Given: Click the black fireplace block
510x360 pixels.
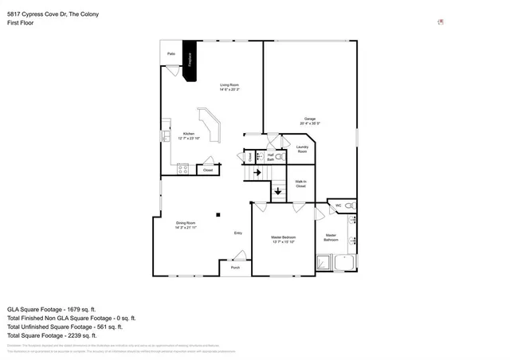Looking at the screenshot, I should pyautogui.click(x=189, y=61).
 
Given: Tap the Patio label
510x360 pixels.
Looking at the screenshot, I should pyautogui.click(x=171, y=54).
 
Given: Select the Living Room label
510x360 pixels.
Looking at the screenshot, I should pyautogui.click(x=229, y=87).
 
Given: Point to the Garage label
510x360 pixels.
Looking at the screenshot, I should pyautogui.click(x=309, y=121).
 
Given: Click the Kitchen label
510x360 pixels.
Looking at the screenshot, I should pyautogui.click(x=189, y=135).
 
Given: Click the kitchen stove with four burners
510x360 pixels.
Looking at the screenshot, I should pyautogui.click(x=182, y=169).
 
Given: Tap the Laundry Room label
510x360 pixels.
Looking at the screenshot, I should pyautogui.click(x=302, y=149).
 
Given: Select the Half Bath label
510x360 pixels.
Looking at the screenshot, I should pyautogui.click(x=270, y=158).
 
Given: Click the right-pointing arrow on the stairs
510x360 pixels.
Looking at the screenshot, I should pyautogui.click(x=257, y=170).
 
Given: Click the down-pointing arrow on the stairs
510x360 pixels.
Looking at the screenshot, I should pyautogui.click(x=277, y=190).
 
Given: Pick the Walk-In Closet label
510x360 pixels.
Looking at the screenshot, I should pyautogui.click(x=300, y=184).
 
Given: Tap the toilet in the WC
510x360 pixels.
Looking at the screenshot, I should pyautogui.click(x=350, y=205).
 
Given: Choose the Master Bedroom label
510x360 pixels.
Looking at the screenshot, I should pyautogui.click(x=283, y=240).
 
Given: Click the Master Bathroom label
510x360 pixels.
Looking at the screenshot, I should pyautogui.click(x=330, y=237).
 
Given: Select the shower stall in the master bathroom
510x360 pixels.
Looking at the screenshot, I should pyautogui.click(x=324, y=263).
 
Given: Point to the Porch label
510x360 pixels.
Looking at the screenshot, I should pyautogui.click(x=235, y=268).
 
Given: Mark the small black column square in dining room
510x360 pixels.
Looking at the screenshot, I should pyautogui.click(x=218, y=213).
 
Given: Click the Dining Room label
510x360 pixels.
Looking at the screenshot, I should pyautogui.click(x=186, y=226).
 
